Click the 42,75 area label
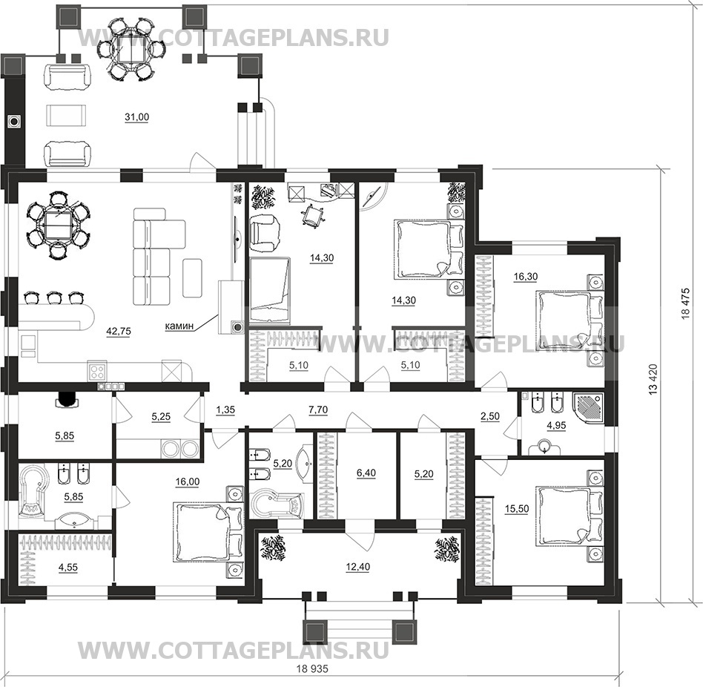[119, 332]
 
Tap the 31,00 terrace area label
[136, 117]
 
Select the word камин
[179, 326]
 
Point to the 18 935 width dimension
[312, 669]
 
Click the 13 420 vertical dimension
[653, 379]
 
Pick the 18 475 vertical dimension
[685, 303]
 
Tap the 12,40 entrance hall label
[357, 568]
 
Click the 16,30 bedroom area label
[526, 277]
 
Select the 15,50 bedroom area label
[517, 509]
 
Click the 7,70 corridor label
[318, 410]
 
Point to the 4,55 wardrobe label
[67, 568]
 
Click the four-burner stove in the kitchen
[97, 371]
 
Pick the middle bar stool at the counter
[54, 297]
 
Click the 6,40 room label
[366, 473]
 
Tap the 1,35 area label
[225, 410]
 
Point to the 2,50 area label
[490, 417]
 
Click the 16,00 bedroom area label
[188, 482]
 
